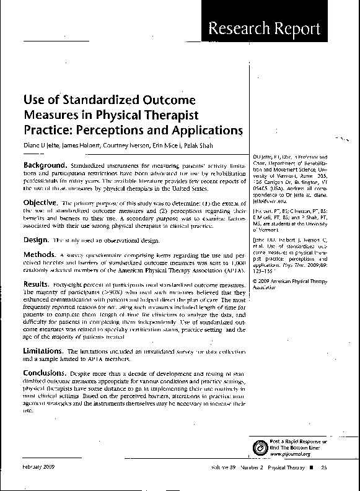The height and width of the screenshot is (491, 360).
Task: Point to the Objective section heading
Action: coord(41,202)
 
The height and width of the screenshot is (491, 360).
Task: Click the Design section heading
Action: coord(36,238)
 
